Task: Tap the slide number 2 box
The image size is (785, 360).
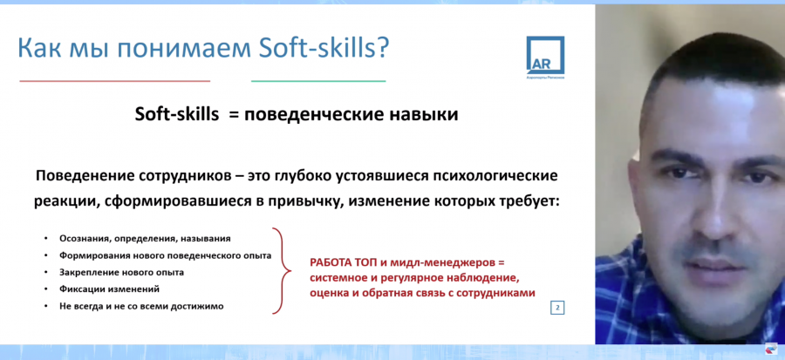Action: pyautogui.click(x=557, y=308)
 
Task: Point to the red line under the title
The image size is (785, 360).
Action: pyautogui.click(x=114, y=80)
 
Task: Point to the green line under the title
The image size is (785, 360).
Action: pyautogui.click(x=318, y=80)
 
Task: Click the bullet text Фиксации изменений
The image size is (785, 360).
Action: pyautogui.click(x=109, y=289)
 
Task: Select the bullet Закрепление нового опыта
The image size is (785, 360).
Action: pyautogui.click(x=121, y=273)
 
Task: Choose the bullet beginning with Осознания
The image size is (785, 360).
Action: pyautogui.click(x=145, y=239)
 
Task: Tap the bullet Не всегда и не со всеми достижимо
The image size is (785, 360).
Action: pyautogui.click(x=141, y=307)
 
